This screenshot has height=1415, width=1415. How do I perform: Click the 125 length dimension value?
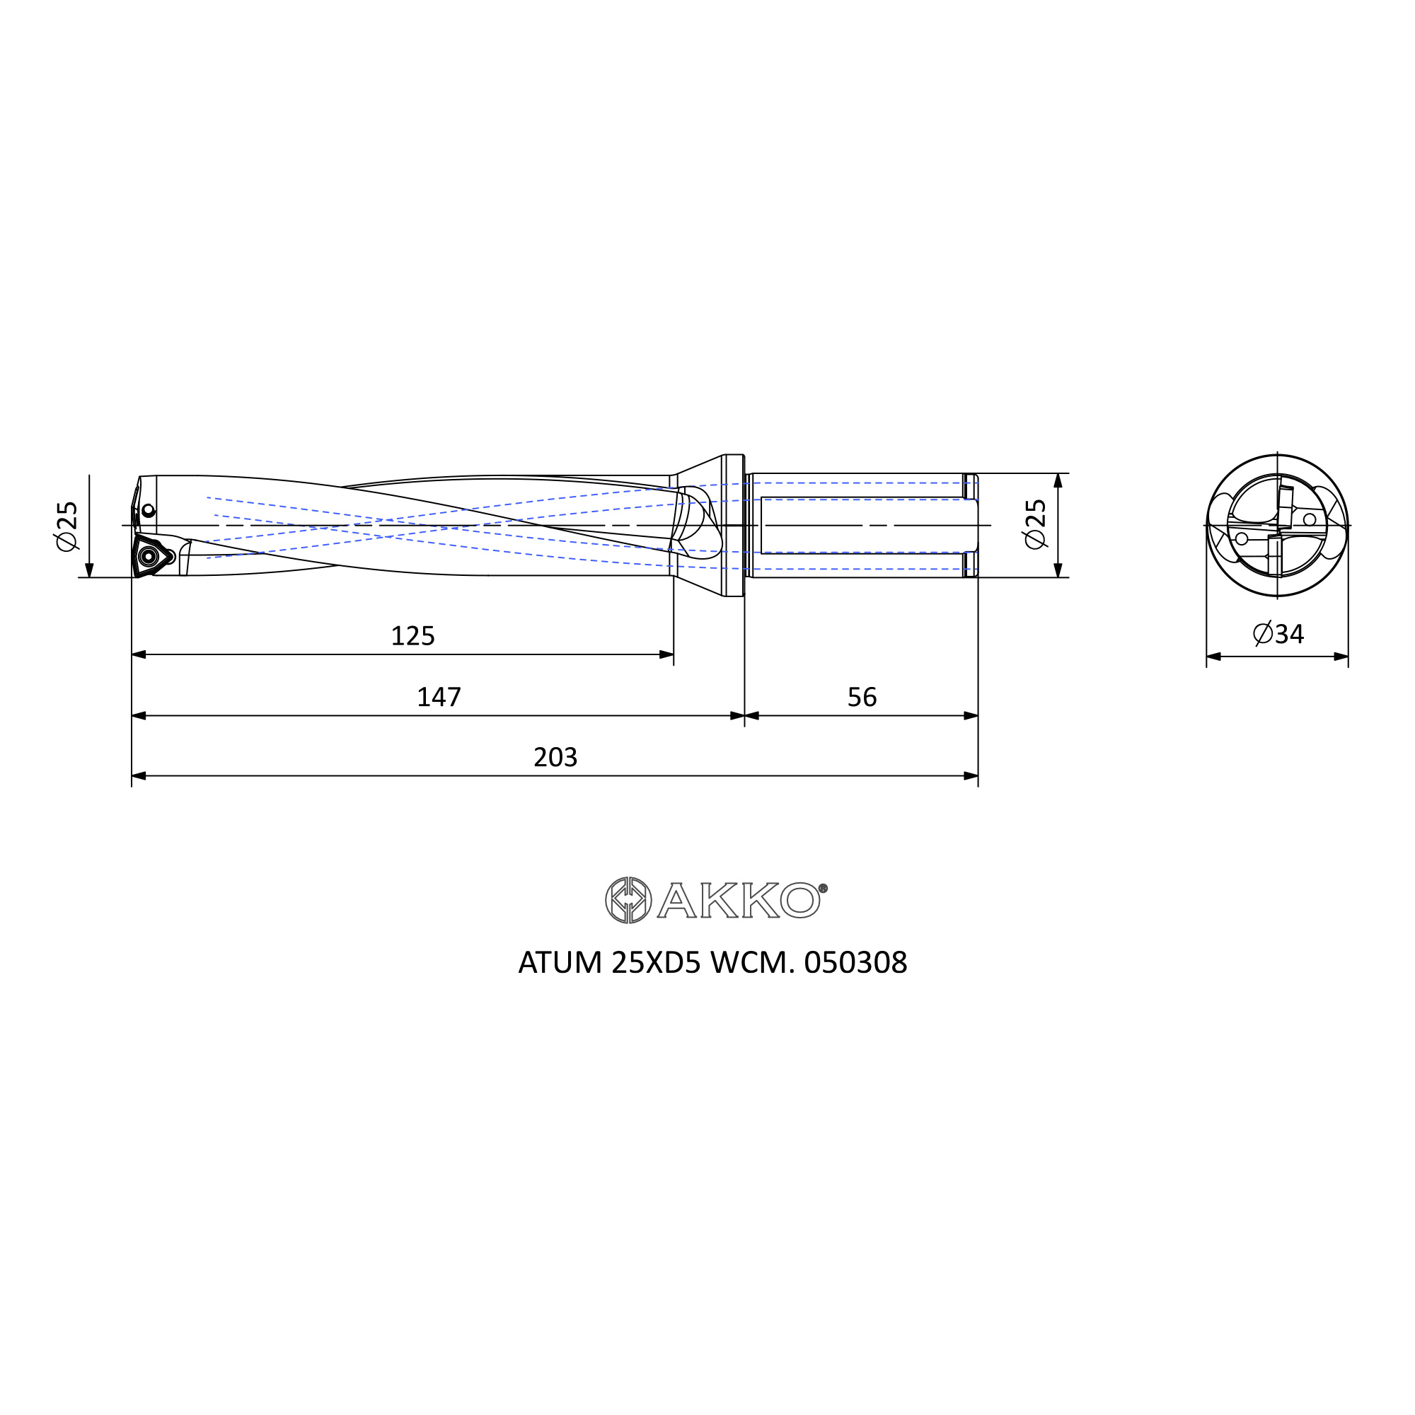pyautogui.click(x=412, y=636)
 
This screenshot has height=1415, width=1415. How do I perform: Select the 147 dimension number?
pyautogui.click(x=439, y=696)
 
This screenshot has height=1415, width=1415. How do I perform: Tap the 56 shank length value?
pyautogui.click(x=861, y=696)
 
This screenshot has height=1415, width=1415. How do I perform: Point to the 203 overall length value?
pyautogui.click(x=555, y=756)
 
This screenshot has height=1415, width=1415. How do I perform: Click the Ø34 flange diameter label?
pyautogui.click(x=1278, y=633)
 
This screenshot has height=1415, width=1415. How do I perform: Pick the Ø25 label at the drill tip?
pyautogui.click(x=66, y=526)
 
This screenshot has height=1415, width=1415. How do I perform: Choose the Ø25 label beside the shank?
pyautogui.click(x=1036, y=524)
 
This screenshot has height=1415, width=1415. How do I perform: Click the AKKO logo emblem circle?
pyautogui.click(x=628, y=899)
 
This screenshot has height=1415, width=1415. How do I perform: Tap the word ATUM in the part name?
pyautogui.click(x=560, y=962)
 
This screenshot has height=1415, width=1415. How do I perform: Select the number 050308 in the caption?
pyautogui.click(x=855, y=962)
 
